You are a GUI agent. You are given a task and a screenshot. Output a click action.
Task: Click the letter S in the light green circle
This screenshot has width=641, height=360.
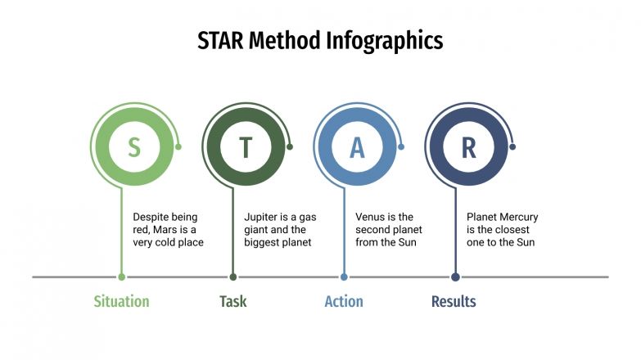pyautogui.click(x=134, y=147)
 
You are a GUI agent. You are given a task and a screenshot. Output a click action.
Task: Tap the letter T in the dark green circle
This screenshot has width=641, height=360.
pyautogui.click(x=246, y=147)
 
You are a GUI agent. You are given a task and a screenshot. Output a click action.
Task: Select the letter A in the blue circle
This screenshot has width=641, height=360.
pyautogui.click(x=357, y=147)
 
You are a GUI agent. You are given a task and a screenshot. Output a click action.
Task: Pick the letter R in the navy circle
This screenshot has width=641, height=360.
pyautogui.click(x=468, y=147)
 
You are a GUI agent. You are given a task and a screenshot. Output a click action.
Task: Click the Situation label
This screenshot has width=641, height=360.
pyautogui.click(x=121, y=301)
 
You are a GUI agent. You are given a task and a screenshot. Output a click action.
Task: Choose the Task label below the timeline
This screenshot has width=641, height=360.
pyautogui.click(x=232, y=301)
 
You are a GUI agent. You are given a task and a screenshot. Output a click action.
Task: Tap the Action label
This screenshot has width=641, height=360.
pyautogui.click(x=344, y=301)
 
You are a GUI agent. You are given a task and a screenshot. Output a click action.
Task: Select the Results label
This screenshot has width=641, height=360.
pyautogui.click(x=454, y=301)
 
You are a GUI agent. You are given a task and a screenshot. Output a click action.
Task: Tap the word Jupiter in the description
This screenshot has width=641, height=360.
pyautogui.click(x=262, y=217)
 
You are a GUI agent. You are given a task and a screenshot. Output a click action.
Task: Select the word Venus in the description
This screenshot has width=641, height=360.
pyautogui.click(x=372, y=217)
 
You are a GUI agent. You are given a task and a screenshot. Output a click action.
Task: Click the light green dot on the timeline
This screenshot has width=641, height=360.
pyautogui.click(x=122, y=277)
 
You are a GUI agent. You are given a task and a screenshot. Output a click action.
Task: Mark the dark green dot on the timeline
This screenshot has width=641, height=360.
pyautogui.click(x=233, y=277)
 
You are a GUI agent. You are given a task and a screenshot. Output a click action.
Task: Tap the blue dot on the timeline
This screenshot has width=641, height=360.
pyautogui.click(x=344, y=277)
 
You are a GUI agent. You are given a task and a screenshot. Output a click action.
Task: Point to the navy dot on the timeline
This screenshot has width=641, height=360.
pyautogui.click(x=455, y=277)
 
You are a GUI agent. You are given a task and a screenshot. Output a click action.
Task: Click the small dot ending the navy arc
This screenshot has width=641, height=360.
pyautogui.click(x=512, y=147)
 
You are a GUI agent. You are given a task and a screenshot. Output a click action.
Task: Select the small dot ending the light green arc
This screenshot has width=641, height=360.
pyautogui.click(x=178, y=147)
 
